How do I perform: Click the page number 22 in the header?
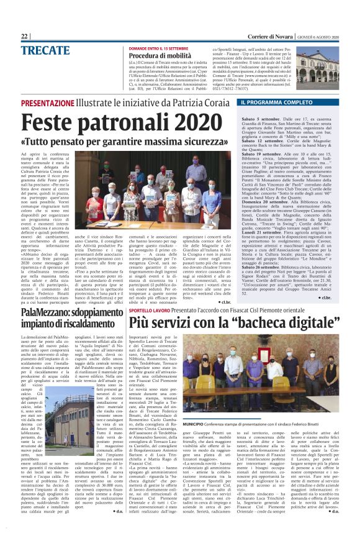click(x=25, y=36)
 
